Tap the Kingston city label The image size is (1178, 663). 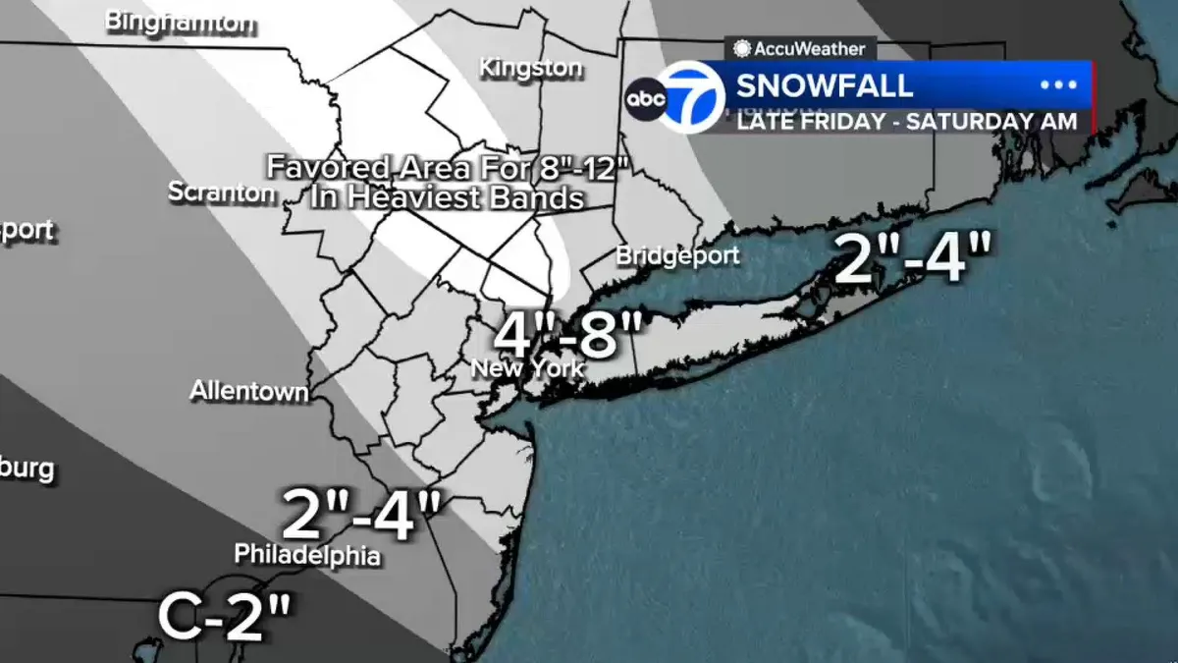tap(531, 68)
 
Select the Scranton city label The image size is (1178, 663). tap(221, 192)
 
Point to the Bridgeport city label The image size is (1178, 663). tap(677, 256)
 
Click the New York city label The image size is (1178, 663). tap(527, 369)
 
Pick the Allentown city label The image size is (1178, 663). tap(248, 391)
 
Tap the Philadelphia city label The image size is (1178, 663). tap(307, 555)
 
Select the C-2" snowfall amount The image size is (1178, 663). tap(225, 617)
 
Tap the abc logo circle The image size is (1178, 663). tap(646, 97)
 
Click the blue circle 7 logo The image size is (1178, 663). tap(692, 97)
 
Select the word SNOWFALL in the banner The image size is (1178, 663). tap(825, 86)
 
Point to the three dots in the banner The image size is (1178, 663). tap(1058, 85)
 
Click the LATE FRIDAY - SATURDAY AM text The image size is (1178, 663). tap(907, 122)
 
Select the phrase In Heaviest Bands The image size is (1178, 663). tap(447, 197)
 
